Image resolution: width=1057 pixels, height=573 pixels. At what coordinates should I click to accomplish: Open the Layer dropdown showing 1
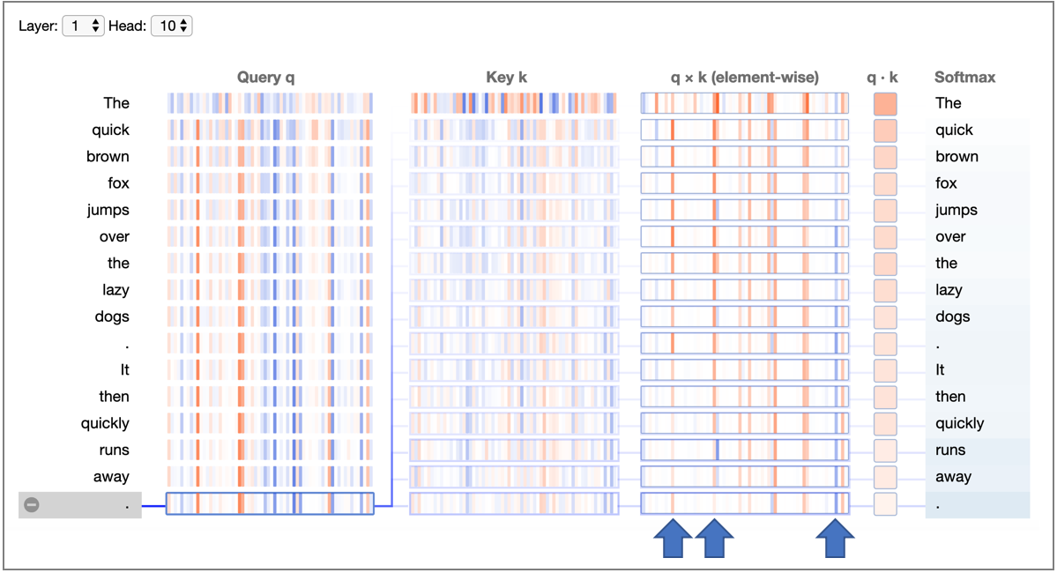84,26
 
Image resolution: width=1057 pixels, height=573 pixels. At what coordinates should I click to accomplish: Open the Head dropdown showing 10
171,26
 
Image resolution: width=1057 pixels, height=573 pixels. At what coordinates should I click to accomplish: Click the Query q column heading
265,78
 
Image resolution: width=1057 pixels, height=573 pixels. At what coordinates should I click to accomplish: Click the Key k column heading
506,78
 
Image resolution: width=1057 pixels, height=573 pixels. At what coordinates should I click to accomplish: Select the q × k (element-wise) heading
744,78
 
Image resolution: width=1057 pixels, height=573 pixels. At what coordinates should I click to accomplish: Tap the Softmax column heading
964,78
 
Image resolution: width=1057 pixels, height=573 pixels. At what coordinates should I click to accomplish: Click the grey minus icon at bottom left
32,505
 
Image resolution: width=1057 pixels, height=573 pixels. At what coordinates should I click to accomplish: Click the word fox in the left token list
118,183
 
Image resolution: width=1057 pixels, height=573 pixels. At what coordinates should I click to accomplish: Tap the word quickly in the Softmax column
959,423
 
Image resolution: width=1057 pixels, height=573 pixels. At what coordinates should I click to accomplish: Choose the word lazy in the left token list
115,290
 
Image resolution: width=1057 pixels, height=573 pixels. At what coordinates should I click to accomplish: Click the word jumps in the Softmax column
956,210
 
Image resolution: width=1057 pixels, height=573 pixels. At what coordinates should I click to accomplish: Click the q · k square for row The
885,104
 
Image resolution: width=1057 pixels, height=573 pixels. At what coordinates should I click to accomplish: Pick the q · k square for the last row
885,504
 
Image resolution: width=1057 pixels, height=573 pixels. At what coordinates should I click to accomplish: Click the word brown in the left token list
108,157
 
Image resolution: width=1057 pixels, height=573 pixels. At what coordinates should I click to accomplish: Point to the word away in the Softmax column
953,477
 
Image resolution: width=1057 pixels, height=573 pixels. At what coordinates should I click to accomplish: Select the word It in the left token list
125,370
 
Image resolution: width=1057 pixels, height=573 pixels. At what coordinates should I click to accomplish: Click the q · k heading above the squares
882,78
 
